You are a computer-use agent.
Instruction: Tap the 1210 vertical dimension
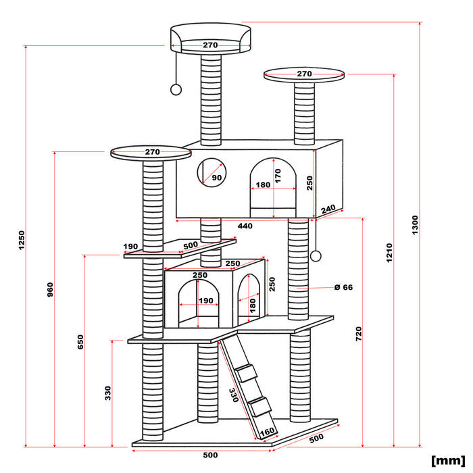pos(389,252)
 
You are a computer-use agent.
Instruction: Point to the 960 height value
pos(50,289)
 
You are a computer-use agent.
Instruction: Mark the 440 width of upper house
pos(245,226)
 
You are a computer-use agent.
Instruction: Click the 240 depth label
pos(328,210)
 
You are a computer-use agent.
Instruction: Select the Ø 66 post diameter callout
pos(343,287)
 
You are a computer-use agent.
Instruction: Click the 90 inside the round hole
pos(216,178)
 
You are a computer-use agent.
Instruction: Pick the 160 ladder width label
pos(268,431)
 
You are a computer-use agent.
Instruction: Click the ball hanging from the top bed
pos(176,89)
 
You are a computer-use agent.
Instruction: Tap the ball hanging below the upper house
pos(315,255)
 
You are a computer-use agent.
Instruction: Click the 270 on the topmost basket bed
pos(210,45)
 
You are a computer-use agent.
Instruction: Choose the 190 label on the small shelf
pos(130,246)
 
